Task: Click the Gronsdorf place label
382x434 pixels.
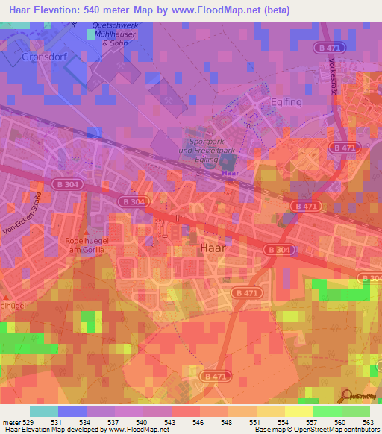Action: point(28,57)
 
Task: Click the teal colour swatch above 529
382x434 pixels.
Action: point(44,411)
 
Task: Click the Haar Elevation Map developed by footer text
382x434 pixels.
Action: point(52,430)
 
